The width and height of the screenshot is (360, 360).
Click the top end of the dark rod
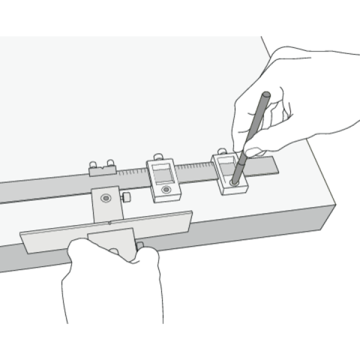coord(265,95)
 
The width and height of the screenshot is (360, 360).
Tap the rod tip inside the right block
coord(234,179)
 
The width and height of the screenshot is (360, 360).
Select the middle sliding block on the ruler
coord(163,180)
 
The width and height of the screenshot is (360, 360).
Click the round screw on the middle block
coord(166,190)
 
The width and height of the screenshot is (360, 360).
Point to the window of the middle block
coord(163,175)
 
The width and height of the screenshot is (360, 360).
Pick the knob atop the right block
coord(222,152)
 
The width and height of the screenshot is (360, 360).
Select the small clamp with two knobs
coord(103,170)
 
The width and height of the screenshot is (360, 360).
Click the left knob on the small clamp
coord(94,164)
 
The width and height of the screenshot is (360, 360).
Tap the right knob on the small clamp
coord(110,163)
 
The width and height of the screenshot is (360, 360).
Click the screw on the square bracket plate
coord(106,197)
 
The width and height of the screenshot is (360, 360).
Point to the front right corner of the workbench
coord(335,207)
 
